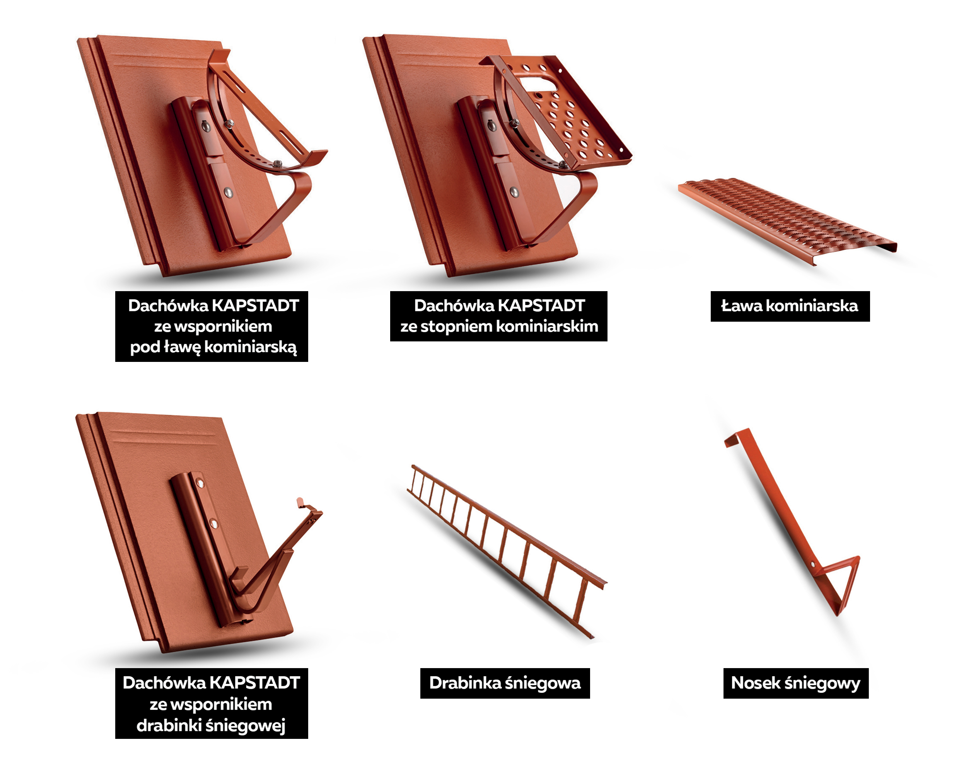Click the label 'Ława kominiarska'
pyautogui.click(x=790, y=306)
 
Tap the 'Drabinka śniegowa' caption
pyautogui.click(x=505, y=683)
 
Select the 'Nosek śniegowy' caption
pyautogui.click(x=796, y=683)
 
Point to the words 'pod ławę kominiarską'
pyautogui.click(x=213, y=347)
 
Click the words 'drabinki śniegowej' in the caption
pyautogui.click(x=211, y=725)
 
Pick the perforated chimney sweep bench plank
pyautogui.click(x=787, y=221)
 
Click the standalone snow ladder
pyautogui.click(x=507, y=551)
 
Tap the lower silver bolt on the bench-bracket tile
pyautogui.click(x=228, y=193)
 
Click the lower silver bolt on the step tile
pyautogui.click(x=514, y=192)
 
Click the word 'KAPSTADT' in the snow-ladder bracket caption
pyautogui.click(x=254, y=683)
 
